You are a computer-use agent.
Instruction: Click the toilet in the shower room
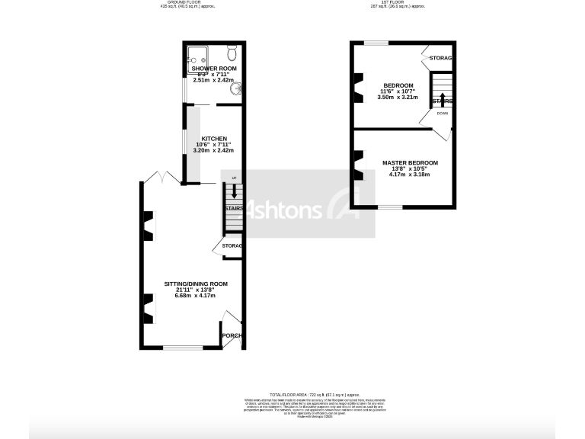(232, 52)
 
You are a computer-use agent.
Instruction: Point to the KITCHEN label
(214, 139)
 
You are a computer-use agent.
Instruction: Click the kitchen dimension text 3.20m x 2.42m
(214, 151)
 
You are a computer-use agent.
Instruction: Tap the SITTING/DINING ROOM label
(197, 284)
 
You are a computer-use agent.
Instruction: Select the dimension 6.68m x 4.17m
(197, 296)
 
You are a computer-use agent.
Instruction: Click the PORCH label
(231, 336)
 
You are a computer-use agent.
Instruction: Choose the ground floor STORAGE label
(232, 246)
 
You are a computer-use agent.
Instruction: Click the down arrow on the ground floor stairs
(234, 196)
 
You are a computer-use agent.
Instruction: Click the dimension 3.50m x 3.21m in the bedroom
(398, 98)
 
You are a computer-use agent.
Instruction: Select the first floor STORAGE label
(441, 59)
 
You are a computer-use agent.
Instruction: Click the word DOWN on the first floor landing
(443, 114)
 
